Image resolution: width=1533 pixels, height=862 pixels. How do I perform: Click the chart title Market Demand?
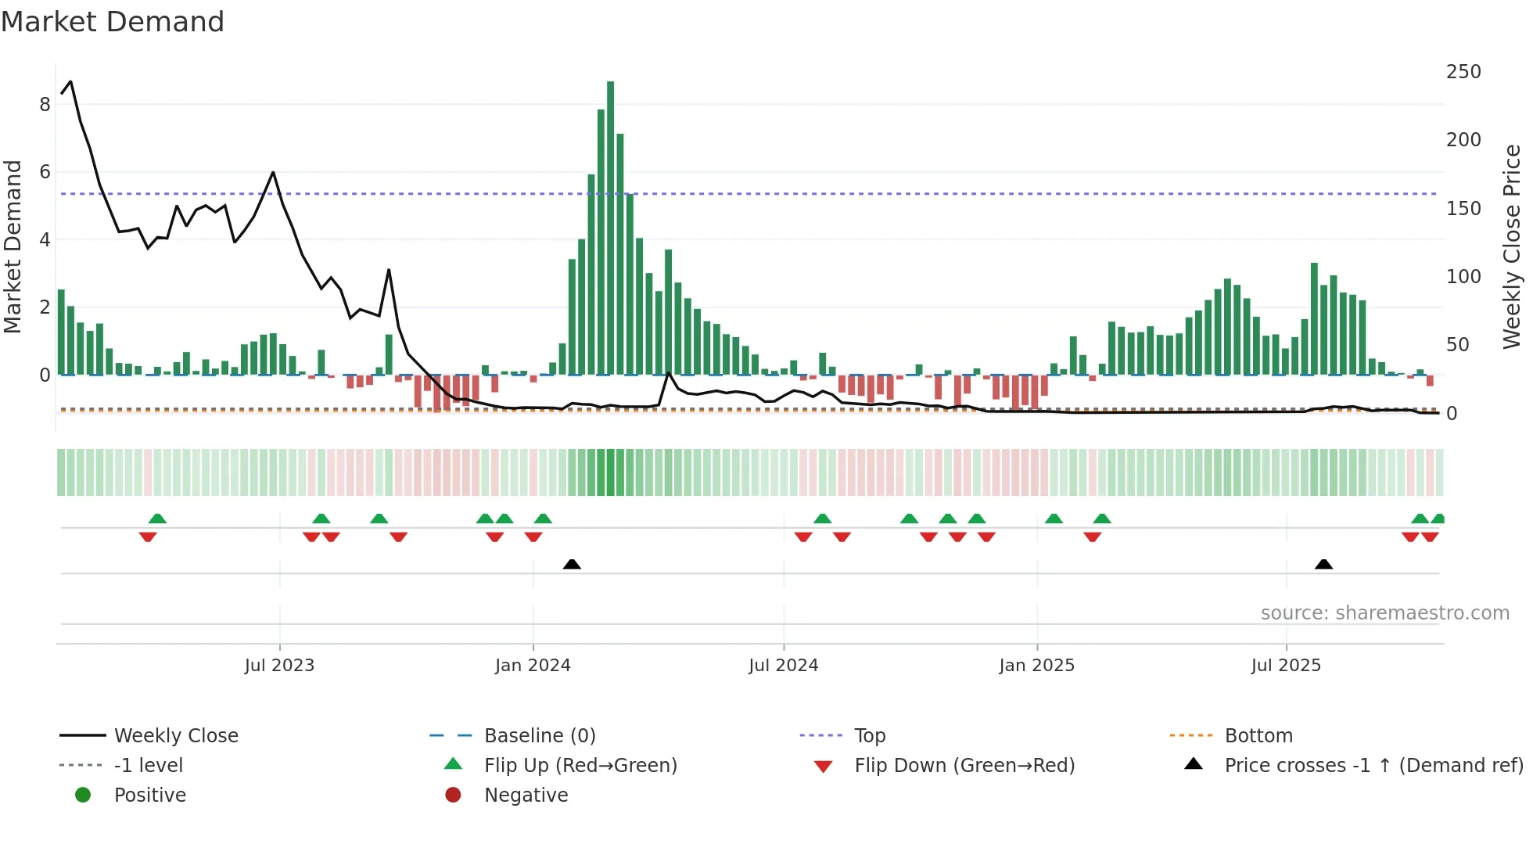pyautogui.click(x=113, y=22)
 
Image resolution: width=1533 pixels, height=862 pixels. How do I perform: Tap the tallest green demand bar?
pyautogui.click(x=610, y=227)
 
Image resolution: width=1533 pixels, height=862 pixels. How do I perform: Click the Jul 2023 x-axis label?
pyautogui.click(x=279, y=666)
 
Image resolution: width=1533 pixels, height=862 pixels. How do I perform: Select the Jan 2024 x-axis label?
pyautogui.click(x=533, y=666)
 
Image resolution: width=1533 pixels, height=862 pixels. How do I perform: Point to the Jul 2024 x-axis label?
pyautogui.click(x=783, y=666)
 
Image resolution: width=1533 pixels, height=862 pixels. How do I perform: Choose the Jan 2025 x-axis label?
pyautogui.click(x=1036, y=666)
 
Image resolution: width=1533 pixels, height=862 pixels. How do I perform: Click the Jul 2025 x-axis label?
pyautogui.click(x=1286, y=666)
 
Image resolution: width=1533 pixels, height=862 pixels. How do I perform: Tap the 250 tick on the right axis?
pyautogui.click(x=1463, y=72)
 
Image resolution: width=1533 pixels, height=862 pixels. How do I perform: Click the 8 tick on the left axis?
pyautogui.click(x=45, y=105)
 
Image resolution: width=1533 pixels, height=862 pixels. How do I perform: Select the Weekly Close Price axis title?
pyautogui.click(x=1512, y=246)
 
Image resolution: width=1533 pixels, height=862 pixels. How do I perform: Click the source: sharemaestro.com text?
pyautogui.click(x=1384, y=613)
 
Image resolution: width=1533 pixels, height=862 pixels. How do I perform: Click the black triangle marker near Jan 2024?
pyautogui.click(x=572, y=564)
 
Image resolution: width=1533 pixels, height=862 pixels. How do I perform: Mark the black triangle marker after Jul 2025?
pyautogui.click(x=1323, y=564)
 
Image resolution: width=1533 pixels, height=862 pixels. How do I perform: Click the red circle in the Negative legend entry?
pyautogui.click(x=453, y=796)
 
